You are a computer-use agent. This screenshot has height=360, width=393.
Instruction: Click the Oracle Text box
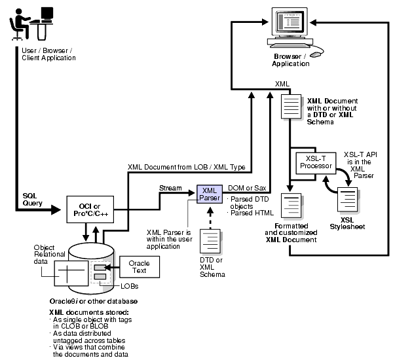(x=138, y=267)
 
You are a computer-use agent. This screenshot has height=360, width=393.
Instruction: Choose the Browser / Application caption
(x=291, y=60)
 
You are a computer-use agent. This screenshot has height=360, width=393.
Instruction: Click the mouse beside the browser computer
(x=316, y=54)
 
